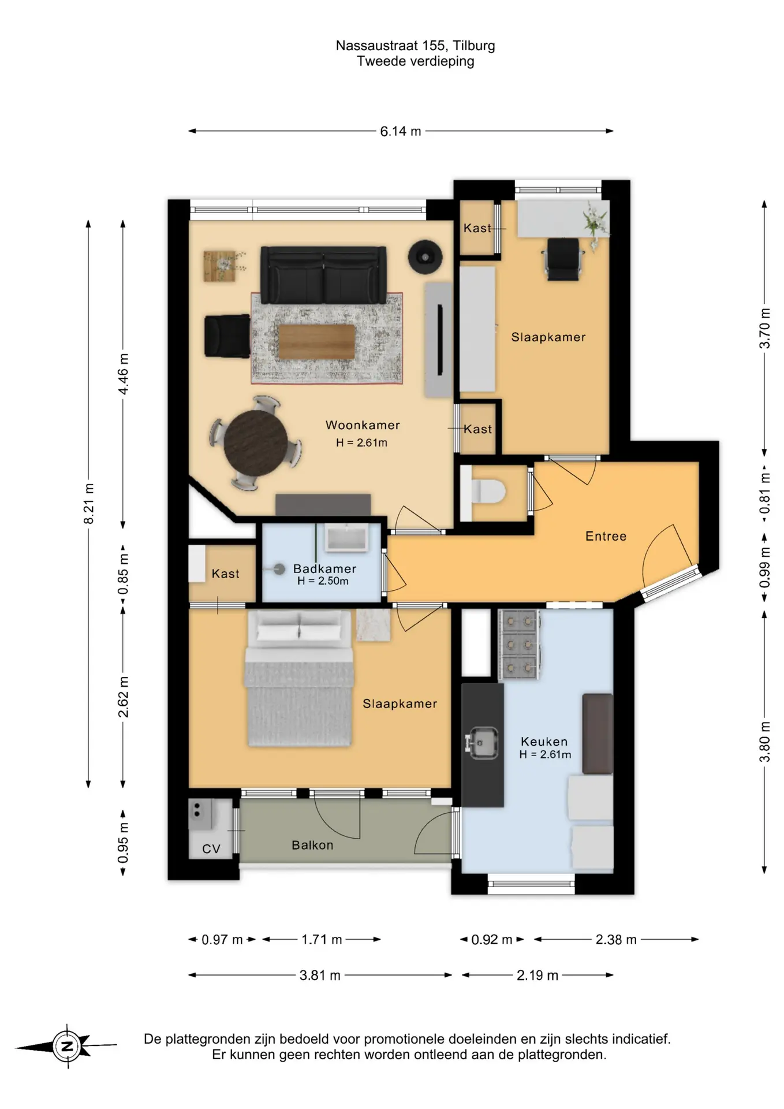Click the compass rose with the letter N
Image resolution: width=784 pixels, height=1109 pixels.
(x=67, y=1046)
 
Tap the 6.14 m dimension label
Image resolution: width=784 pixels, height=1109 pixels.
(x=400, y=132)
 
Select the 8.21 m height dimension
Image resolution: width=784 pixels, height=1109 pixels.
(x=88, y=504)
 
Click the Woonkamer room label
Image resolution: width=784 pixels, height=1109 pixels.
(x=363, y=425)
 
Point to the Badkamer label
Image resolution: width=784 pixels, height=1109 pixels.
(x=324, y=569)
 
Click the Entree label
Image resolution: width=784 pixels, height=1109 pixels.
(x=606, y=536)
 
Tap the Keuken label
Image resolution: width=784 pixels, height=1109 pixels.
(x=544, y=741)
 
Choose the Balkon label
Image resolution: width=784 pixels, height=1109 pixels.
(x=312, y=845)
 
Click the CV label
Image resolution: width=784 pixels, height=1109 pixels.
(x=211, y=849)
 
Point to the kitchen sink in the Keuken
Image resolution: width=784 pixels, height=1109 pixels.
(x=482, y=743)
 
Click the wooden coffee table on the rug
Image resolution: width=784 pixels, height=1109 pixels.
(x=317, y=342)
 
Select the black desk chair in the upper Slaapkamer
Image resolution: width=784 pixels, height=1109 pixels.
(x=563, y=259)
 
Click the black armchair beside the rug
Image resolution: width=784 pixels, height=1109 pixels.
(x=227, y=336)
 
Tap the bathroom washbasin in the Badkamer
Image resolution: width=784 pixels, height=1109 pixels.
(x=346, y=538)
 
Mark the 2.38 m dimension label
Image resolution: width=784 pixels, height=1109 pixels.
(x=616, y=940)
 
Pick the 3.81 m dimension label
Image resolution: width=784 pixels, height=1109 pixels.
(x=320, y=976)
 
